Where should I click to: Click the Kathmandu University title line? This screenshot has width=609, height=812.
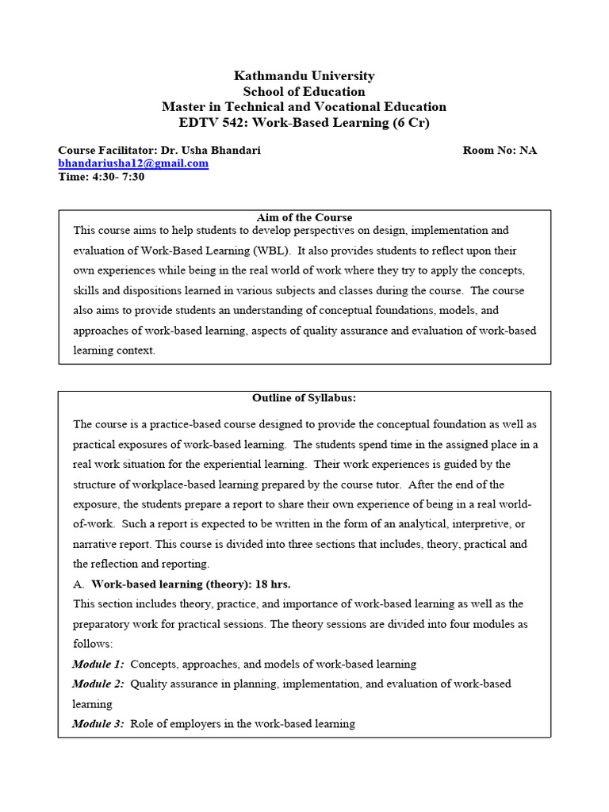[304, 76]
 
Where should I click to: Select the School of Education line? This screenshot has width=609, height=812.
[304, 91]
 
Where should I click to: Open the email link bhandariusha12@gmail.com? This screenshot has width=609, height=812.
[133, 163]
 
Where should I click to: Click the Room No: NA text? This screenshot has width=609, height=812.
[500, 150]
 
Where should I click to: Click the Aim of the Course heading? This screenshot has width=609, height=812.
[304, 217]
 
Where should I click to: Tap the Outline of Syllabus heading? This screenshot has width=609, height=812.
[304, 398]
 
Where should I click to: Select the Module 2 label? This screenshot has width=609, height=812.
[98, 684]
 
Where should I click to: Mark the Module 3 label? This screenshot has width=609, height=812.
[98, 723]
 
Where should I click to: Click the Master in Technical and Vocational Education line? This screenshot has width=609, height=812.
[304, 107]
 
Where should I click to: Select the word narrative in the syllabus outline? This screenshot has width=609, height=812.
[98, 544]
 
